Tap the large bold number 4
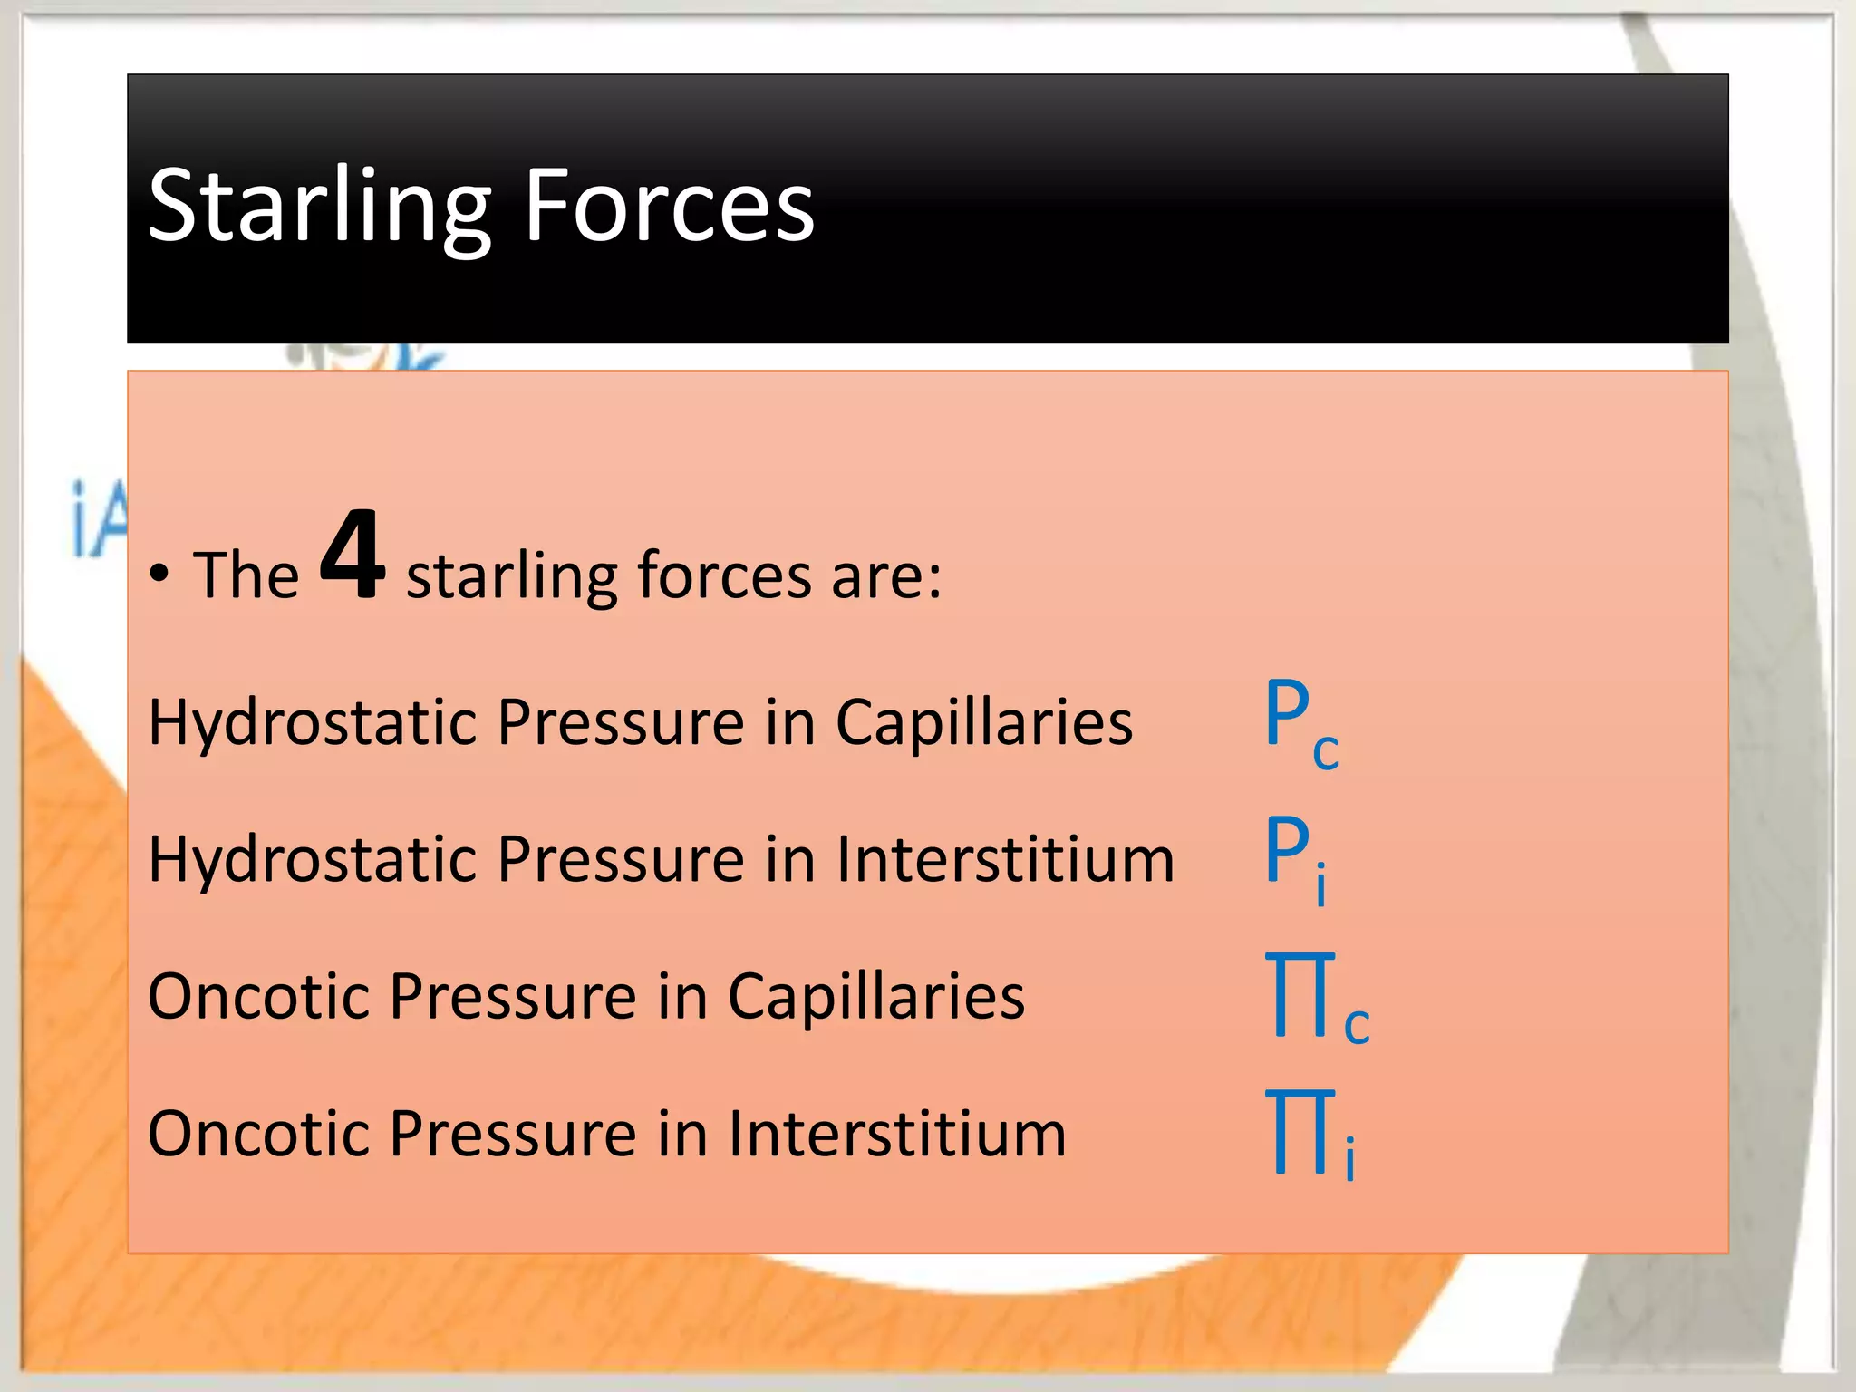coord(352,555)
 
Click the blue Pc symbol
coord(1300,721)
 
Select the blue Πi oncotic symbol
coord(1310,1135)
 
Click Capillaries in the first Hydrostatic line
coord(983,722)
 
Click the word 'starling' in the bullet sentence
coord(511,576)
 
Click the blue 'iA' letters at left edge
coord(98,520)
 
